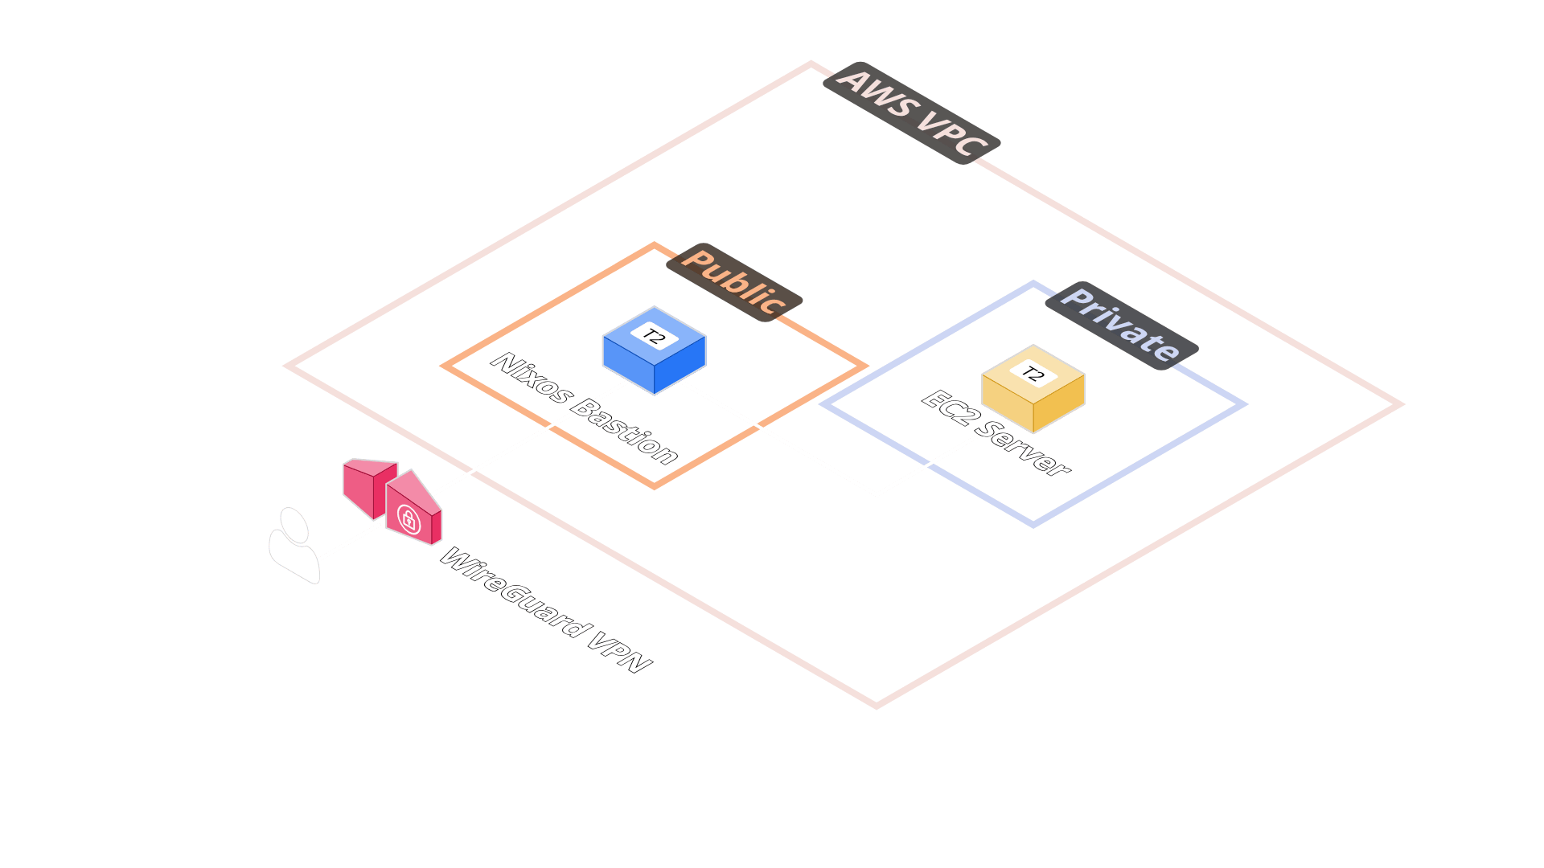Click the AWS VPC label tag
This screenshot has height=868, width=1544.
(x=911, y=113)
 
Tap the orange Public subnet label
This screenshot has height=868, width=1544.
(x=734, y=282)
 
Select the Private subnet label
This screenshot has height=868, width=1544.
(x=1121, y=325)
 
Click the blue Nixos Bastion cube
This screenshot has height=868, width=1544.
(x=654, y=358)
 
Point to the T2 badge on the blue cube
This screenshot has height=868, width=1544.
(x=654, y=336)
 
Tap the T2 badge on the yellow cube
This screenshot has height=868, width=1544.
(x=1033, y=374)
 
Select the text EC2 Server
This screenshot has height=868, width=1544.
(x=996, y=433)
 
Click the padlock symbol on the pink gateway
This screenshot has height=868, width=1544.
(x=409, y=518)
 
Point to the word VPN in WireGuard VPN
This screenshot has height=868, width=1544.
(x=619, y=649)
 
